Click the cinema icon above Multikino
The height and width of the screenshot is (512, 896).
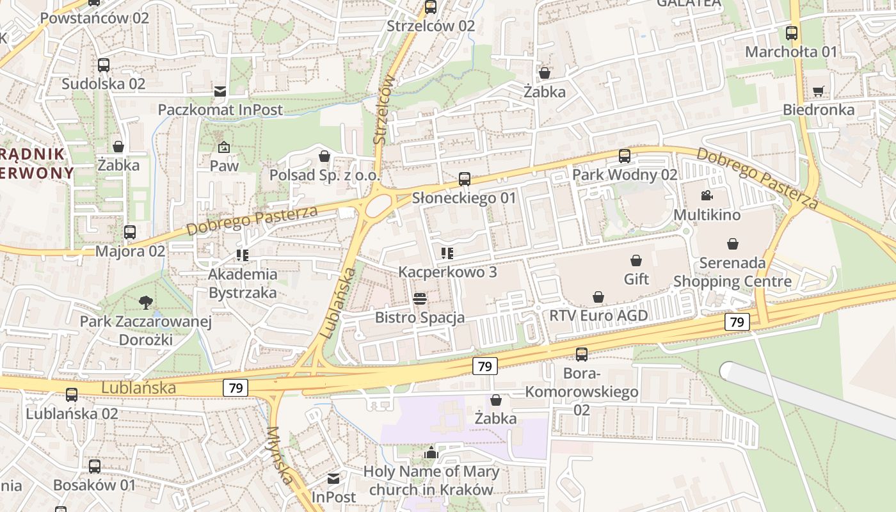coord(707,195)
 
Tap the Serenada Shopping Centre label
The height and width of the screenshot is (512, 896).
coord(732,272)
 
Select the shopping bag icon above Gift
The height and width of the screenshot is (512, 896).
coord(636,260)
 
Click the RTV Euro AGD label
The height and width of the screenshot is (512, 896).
coord(598,316)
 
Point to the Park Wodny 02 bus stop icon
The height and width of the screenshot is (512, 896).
coord(624,156)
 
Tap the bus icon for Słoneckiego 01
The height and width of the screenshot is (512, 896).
coord(465,179)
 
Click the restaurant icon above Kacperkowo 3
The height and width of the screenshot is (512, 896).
coord(447,253)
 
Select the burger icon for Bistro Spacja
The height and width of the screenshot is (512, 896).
coord(420,299)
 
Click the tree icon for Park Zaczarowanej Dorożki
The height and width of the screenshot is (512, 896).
coord(146,303)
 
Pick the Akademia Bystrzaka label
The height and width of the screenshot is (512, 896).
coord(243,284)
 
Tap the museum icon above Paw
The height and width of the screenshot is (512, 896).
coord(223,147)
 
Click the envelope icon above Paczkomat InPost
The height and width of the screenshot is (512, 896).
coord(220,92)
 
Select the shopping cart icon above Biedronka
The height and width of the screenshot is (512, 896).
coord(818,92)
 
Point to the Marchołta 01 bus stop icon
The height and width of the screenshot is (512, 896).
coord(792,33)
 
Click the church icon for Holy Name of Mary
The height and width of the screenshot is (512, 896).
coord(431,453)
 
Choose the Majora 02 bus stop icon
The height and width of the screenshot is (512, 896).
coord(130,232)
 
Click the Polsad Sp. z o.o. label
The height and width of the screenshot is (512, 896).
coord(324,175)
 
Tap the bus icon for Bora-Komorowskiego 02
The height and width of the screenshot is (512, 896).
coord(582,355)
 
